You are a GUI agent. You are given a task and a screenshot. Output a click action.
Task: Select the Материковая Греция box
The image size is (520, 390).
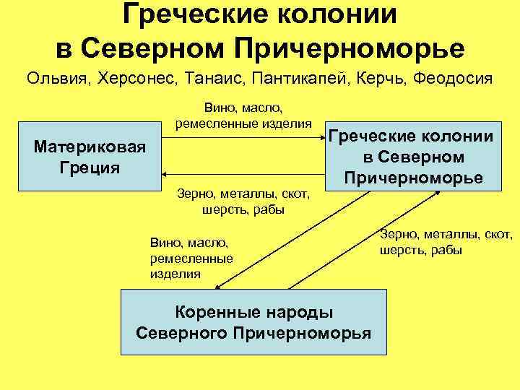[x=90, y=157]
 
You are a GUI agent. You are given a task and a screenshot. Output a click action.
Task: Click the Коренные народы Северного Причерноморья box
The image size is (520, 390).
[x=253, y=322]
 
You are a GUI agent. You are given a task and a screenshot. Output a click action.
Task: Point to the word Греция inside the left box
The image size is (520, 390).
[x=90, y=168]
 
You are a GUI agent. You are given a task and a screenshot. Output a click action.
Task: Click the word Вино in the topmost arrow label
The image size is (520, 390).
[x=219, y=108]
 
